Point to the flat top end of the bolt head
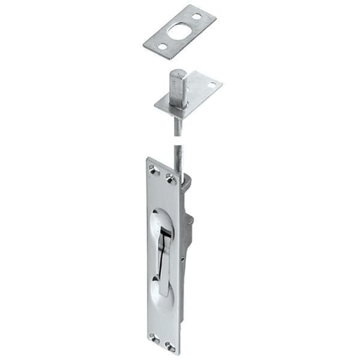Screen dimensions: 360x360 [x=178, y=74]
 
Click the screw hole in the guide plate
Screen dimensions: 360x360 [x=211, y=85]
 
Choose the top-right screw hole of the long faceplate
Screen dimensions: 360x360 [x=170, y=178]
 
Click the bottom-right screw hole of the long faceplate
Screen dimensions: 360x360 [x=170, y=346]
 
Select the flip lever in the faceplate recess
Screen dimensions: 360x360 [x=163, y=258]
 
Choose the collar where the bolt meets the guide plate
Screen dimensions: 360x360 [x=178, y=107]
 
